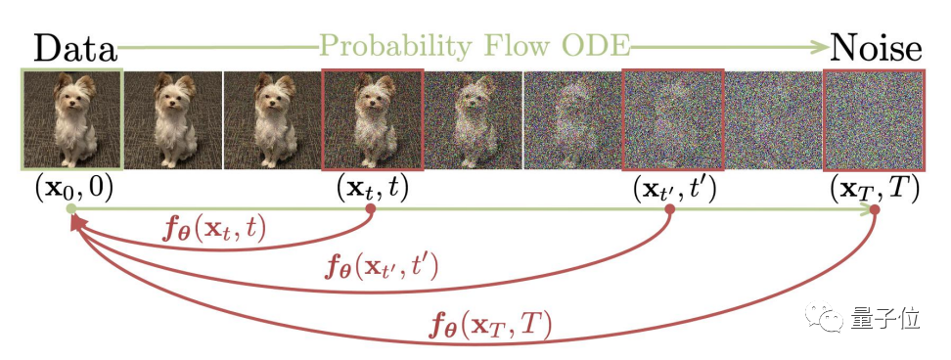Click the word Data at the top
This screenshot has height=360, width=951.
click(74, 45)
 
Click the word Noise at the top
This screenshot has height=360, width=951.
click(874, 45)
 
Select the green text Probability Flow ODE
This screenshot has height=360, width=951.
click(475, 45)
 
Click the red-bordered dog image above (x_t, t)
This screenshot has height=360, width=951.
click(372, 118)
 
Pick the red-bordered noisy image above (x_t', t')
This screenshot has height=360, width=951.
click(672, 118)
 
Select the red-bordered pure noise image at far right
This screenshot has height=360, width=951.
click(873, 118)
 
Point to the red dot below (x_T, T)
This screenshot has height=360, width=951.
click(874, 208)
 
